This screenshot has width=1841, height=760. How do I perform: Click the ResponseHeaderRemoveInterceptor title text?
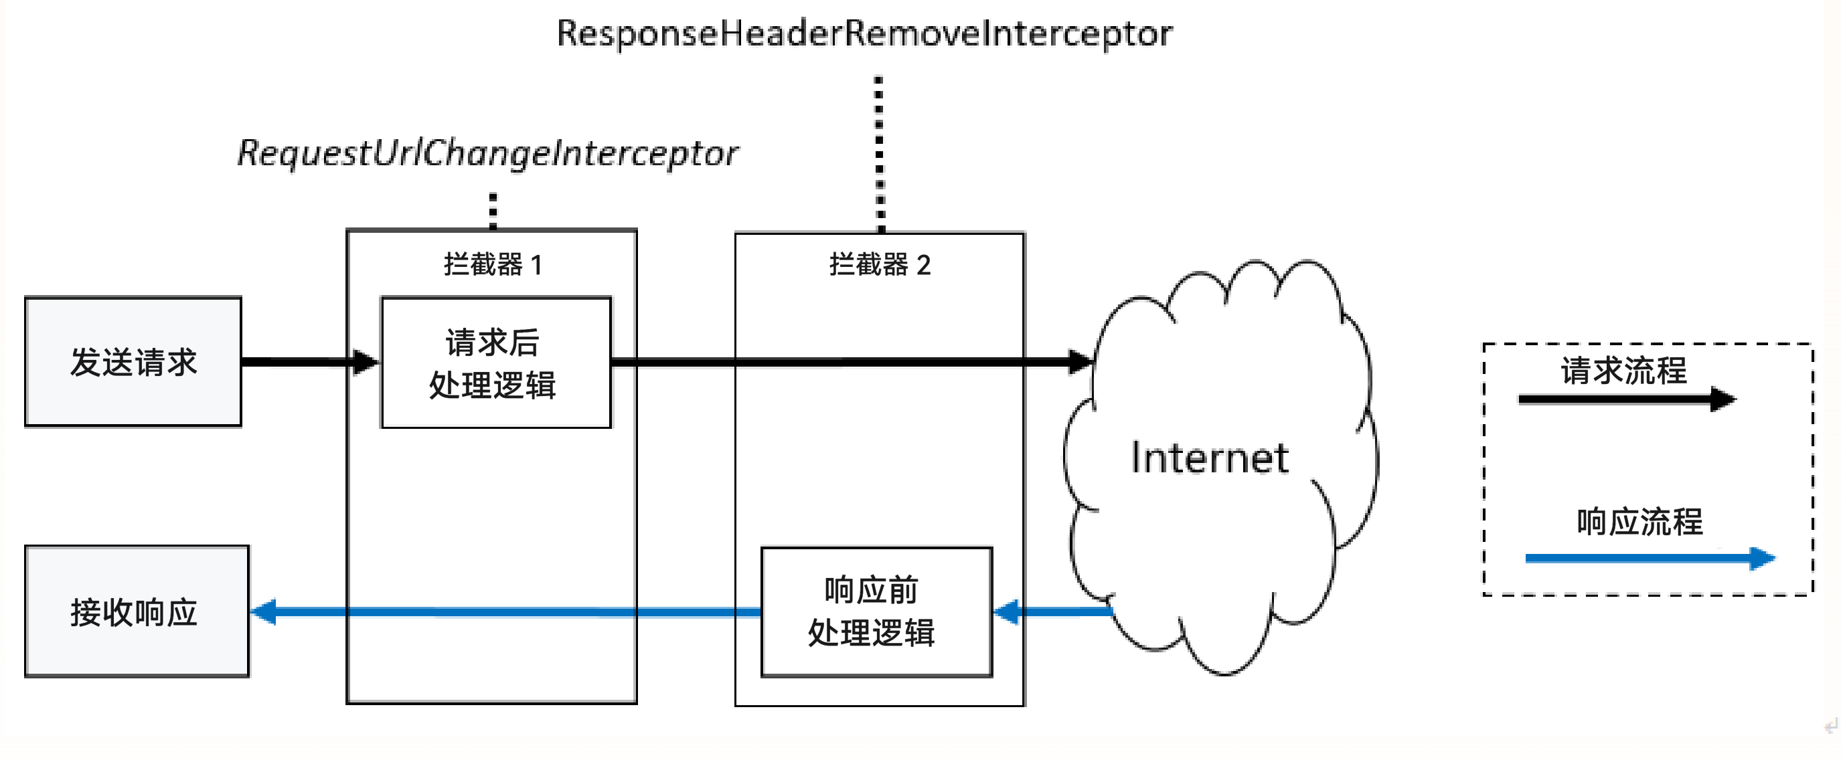point(864,33)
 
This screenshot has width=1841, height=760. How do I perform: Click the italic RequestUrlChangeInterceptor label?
point(488,153)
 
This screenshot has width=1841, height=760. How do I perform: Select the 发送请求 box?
point(133,362)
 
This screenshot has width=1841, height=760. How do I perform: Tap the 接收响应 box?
point(137,612)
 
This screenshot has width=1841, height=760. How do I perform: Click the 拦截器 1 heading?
point(493,265)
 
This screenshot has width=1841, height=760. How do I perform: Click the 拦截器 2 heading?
point(879,265)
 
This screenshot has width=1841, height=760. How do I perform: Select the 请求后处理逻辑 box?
point(496,363)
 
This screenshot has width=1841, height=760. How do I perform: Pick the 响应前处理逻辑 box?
point(876,612)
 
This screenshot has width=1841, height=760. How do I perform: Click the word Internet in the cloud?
point(1209,458)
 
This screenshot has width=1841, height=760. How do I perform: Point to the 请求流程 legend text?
point(1623,371)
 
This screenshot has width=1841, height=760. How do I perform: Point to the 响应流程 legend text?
point(1639,521)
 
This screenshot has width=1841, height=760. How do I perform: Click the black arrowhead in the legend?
point(1723,399)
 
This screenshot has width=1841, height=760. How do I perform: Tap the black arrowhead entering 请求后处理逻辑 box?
point(366,362)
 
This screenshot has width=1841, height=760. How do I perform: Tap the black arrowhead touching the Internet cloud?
point(1080,362)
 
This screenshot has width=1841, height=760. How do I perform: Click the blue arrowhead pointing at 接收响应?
point(264,612)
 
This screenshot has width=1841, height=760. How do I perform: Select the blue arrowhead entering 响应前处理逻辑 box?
point(1006,612)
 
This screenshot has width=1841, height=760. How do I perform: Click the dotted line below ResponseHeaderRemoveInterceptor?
point(880,154)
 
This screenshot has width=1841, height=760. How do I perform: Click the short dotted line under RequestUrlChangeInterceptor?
point(493,211)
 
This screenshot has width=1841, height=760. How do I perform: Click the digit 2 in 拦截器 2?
point(923,266)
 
